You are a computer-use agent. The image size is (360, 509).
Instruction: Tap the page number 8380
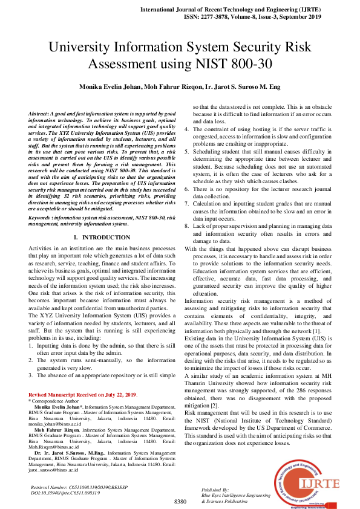tap(180, 502)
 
